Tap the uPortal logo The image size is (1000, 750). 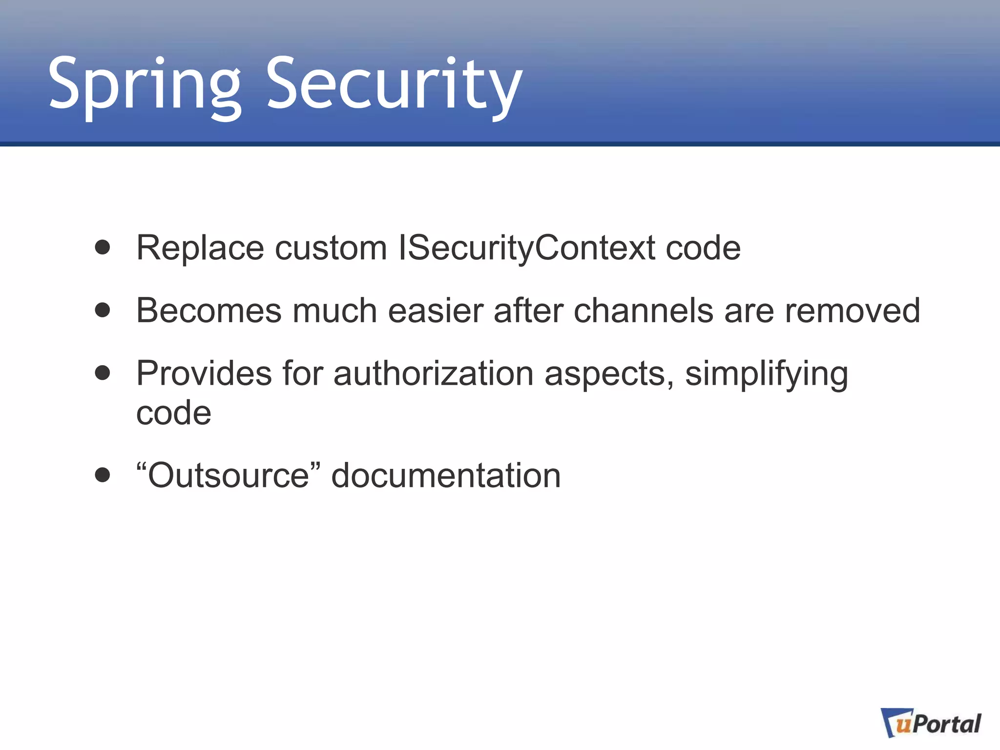pos(931,724)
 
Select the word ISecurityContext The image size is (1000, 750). pos(526,248)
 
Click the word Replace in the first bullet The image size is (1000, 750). pos(200,248)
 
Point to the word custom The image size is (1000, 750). pos(331,248)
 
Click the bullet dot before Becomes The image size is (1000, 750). pos(103,310)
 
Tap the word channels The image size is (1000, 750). pos(644,311)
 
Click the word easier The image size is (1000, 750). pos(436,311)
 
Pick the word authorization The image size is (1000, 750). pos(434,374)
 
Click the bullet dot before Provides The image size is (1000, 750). pos(103,373)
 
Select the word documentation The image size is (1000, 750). pos(446,476)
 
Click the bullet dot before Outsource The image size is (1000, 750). pos(103,475)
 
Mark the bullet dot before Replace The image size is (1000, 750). pos(103,247)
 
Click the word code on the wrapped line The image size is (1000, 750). pos(173,414)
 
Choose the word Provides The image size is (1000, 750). pos(204,374)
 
